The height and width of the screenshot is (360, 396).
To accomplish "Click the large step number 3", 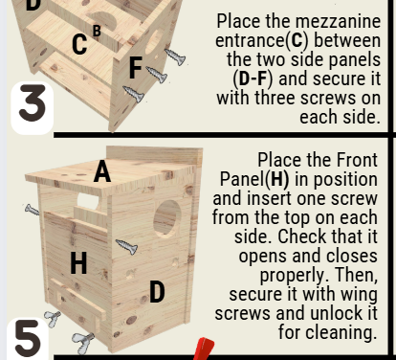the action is pyautogui.click(x=33, y=102).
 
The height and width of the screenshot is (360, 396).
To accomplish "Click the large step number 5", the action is pyautogui.click(x=28, y=338).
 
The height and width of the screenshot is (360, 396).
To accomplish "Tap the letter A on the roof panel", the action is pyautogui.click(x=102, y=171).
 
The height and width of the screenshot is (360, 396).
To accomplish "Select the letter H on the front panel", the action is pyautogui.click(x=78, y=262).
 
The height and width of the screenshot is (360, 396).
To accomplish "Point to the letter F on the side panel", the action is pyautogui.click(x=136, y=68).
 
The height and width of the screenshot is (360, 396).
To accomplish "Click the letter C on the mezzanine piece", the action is pyautogui.click(x=79, y=44).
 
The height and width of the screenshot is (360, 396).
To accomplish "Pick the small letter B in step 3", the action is pyautogui.click(x=97, y=31).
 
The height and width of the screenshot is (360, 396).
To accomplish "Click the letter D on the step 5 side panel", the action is pyautogui.click(x=157, y=291).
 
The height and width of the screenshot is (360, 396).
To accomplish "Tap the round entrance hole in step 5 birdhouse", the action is pyautogui.click(x=167, y=218).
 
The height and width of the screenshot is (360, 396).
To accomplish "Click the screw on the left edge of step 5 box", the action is pyautogui.click(x=32, y=210).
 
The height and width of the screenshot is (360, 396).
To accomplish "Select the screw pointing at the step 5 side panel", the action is pyautogui.click(x=126, y=246).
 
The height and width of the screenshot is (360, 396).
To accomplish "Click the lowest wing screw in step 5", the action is pyautogui.click(x=82, y=341).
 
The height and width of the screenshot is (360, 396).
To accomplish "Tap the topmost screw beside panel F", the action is pyautogui.click(x=175, y=56).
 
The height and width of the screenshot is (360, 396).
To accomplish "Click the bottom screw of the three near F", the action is pyautogui.click(x=133, y=94).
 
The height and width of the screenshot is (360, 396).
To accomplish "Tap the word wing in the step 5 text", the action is pyautogui.click(x=359, y=295).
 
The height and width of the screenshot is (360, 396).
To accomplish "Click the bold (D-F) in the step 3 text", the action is pyautogui.click(x=253, y=79).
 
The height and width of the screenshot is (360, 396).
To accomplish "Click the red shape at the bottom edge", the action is pyautogui.click(x=203, y=349).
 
